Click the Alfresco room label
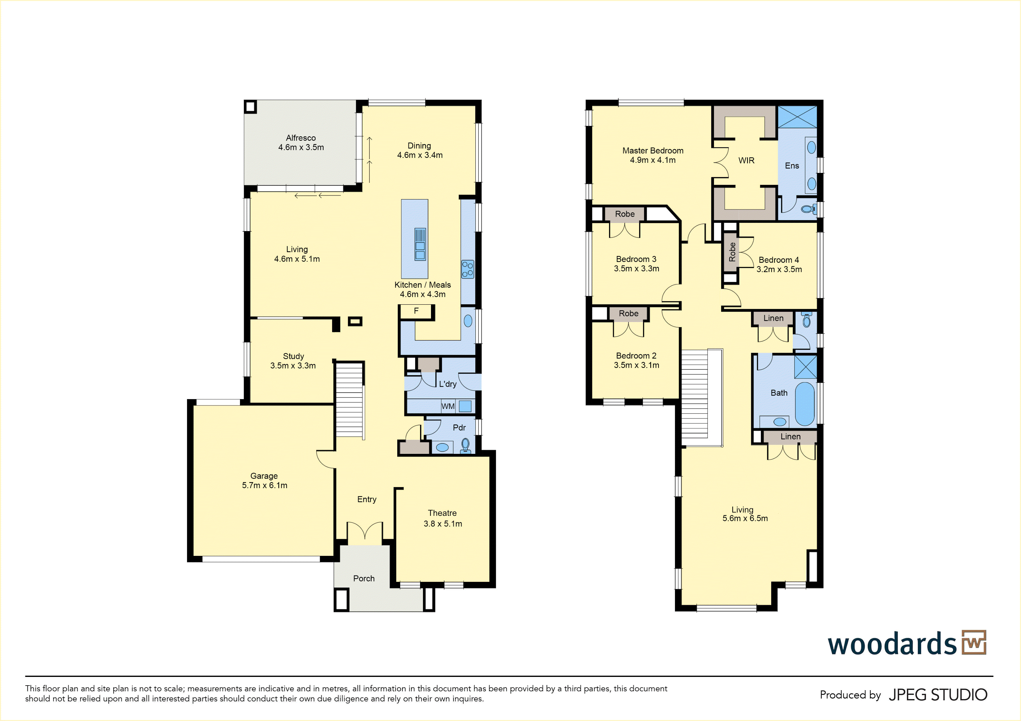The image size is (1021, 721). (x=300, y=138)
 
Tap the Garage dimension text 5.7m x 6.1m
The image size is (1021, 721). (x=264, y=485)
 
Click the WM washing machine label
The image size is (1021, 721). (x=448, y=406)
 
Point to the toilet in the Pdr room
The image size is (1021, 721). (x=466, y=445)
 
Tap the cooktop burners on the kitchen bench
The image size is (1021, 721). (x=467, y=269)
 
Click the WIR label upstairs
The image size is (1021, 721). (x=746, y=161)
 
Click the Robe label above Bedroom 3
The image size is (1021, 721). (x=625, y=214)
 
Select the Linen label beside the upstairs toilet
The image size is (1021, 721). (x=773, y=318)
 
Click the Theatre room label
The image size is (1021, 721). (x=442, y=513)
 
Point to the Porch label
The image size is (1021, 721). (x=364, y=578)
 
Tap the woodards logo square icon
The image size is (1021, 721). (x=974, y=642)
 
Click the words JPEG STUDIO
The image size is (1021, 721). (x=938, y=695)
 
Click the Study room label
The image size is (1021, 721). (x=294, y=356)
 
